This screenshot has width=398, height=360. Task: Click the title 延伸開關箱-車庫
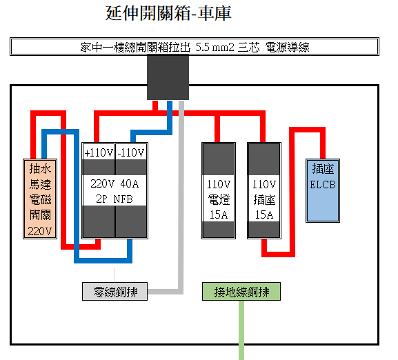tap(168, 13)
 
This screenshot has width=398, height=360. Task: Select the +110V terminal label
tap(99, 152)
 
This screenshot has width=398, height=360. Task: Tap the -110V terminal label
tap(131, 152)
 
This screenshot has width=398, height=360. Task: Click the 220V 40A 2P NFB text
tap(115, 191)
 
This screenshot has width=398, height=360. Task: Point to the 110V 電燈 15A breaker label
tap(219, 199)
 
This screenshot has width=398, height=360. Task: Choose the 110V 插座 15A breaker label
tap(264, 199)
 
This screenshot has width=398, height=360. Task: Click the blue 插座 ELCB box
tap(323, 191)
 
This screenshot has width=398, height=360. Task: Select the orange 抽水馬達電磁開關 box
tap(40, 199)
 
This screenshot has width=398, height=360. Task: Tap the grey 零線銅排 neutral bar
tap(115, 291)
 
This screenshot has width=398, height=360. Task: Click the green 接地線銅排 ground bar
tap(241, 291)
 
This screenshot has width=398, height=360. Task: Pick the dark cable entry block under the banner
tap(168, 77)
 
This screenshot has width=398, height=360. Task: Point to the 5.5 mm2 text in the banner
tap(215, 47)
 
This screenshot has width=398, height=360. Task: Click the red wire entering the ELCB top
tap(323, 143)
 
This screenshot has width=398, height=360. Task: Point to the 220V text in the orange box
tap(40, 231)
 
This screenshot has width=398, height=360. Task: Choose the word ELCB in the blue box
tap(323, 184)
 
